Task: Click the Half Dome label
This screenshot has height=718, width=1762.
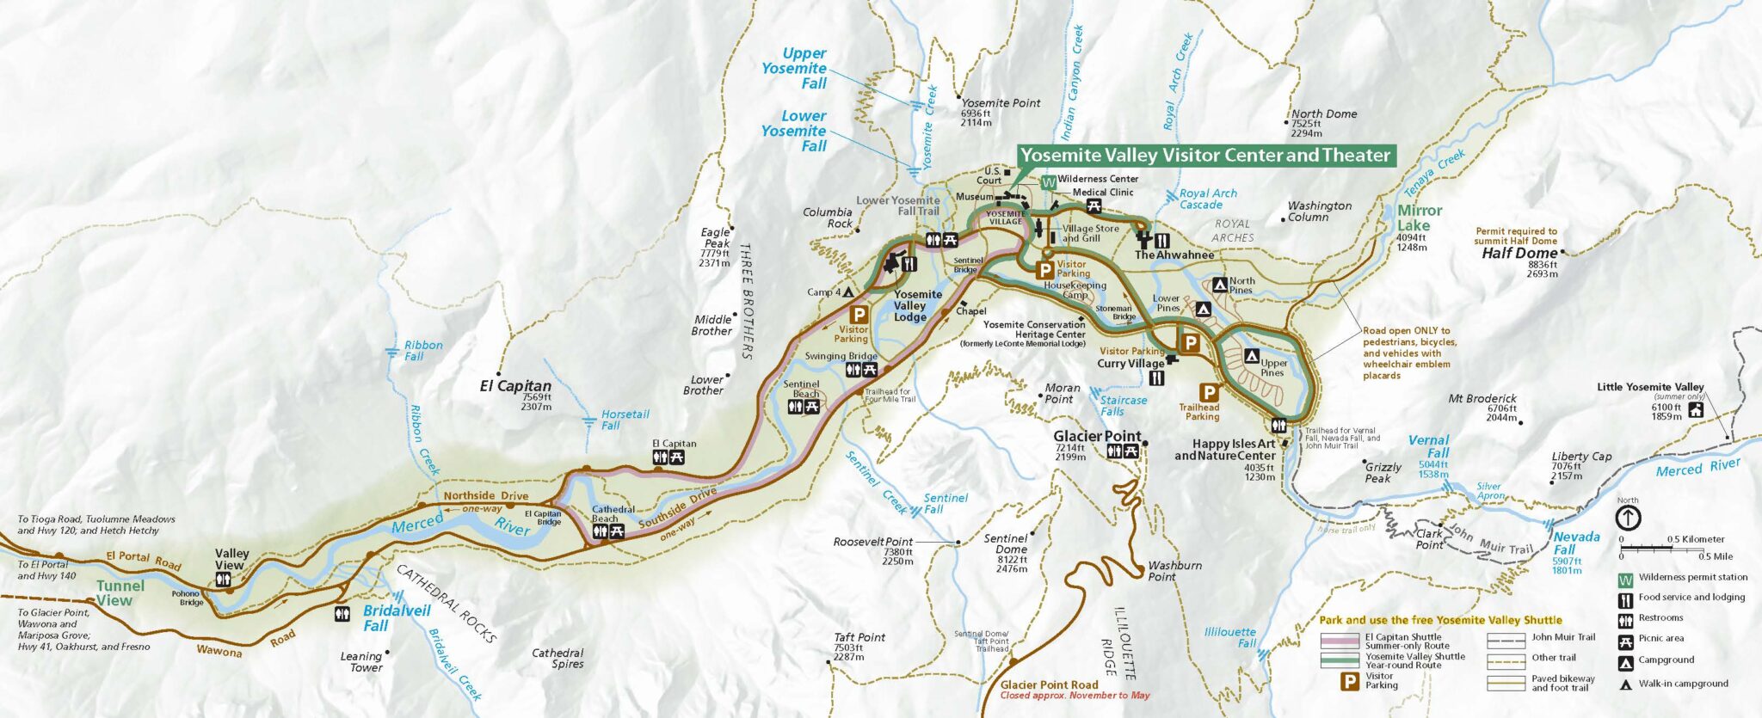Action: click(x=1519, y=254)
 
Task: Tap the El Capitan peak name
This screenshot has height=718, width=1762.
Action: click(x=515, y=386)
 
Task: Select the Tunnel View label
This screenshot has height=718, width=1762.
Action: click(x=120, y=593)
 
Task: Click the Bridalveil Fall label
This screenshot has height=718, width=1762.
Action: click(x=397, y=617)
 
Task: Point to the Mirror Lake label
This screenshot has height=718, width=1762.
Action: click(x=1420, y=218)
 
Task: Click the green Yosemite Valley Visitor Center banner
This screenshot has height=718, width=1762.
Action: click(x=1204, y=156)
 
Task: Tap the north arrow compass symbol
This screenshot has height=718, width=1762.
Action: click(x=1629, y=518)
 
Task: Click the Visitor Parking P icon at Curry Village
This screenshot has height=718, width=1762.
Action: click(x=1190, y=344)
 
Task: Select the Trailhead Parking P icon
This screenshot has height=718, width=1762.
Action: click(x=1209, y=393)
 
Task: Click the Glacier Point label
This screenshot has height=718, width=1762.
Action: click(x=1097, y=436)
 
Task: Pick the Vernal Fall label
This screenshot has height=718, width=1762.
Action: click(x=1428, y=446)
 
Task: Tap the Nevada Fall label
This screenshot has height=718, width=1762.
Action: click(x=1576, y=543)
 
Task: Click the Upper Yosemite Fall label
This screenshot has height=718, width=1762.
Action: click(x=794, y=68)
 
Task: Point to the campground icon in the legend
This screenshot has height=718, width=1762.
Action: click(x=1625, y=661)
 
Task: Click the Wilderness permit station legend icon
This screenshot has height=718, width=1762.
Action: click(x=1625, y=578)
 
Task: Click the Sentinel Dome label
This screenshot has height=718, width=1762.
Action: click(x=1006, y=543)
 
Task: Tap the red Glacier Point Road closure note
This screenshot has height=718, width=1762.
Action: click(x=1075, y=696)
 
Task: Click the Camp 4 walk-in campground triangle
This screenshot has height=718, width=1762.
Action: click(x=847, y=292)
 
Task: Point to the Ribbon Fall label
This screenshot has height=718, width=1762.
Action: click(x=423, y=350)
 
